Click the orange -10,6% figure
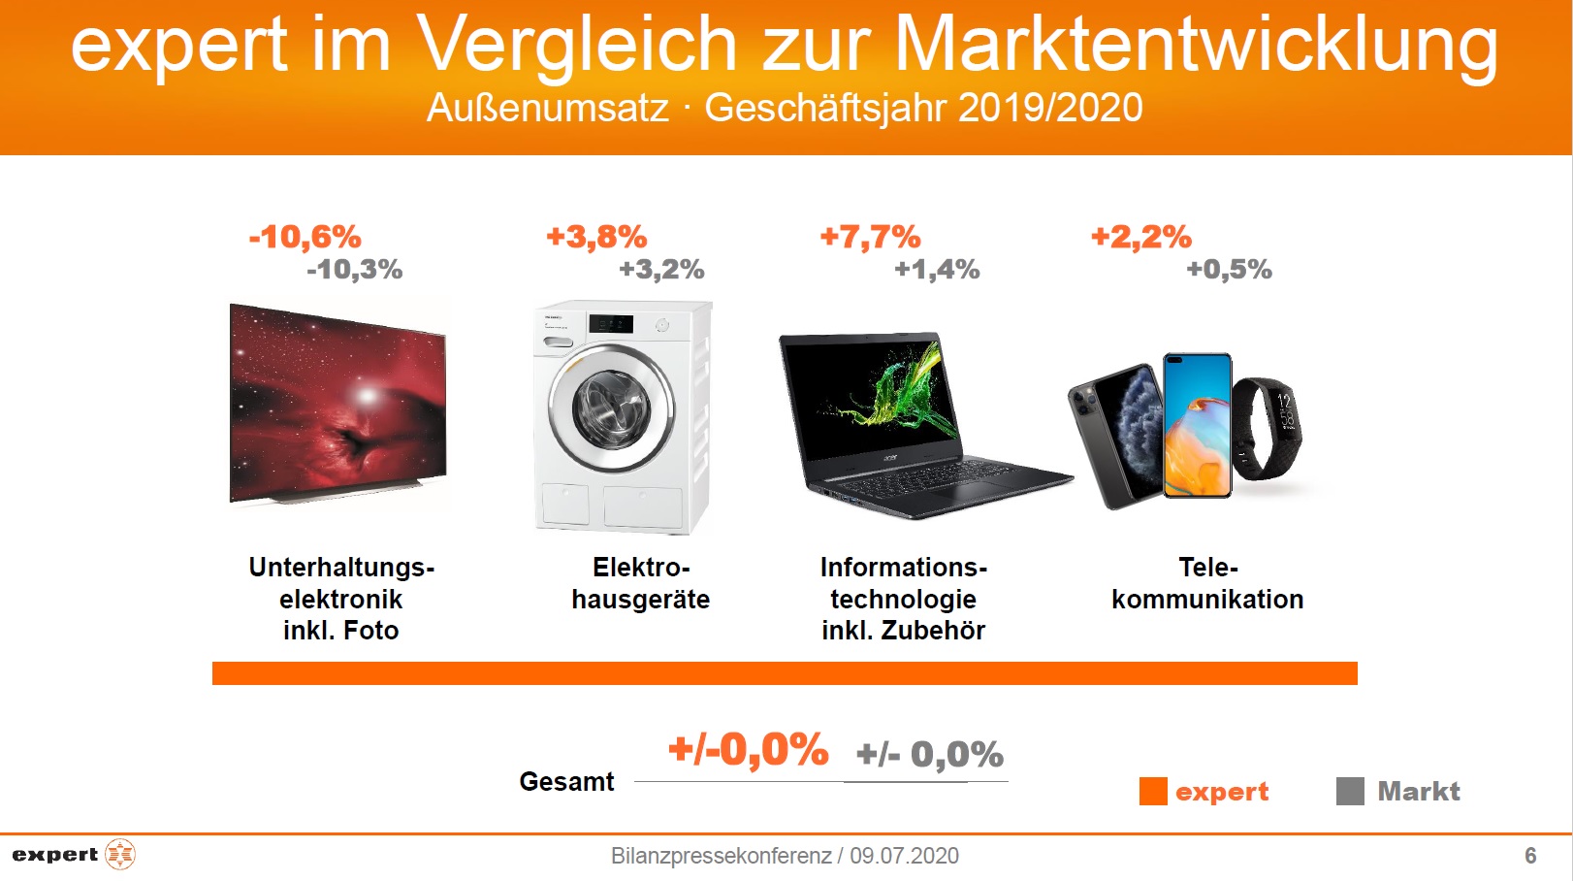tap(305, 237)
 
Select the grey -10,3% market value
tap(354, 270)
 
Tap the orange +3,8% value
tap(596, 237)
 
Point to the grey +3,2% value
tap(661, 270)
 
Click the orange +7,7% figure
tap(870, 237)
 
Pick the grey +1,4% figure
tap(937, 270)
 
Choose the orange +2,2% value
tap(1141, 237)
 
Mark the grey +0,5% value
tap(1229, 270)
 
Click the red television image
tap(337, 404)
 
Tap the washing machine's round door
tap(611, 408)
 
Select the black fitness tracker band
tap(1268, 428)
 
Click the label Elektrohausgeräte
tap(640, 583)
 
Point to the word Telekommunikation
tap(1207, 583)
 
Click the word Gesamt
tap(566, 782)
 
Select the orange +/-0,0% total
tap(748, 750)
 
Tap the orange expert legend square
tap(1153, 792)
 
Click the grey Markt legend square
tap(1350, 792)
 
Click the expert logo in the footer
tap(74, 855)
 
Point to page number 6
tap(1530, 856)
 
